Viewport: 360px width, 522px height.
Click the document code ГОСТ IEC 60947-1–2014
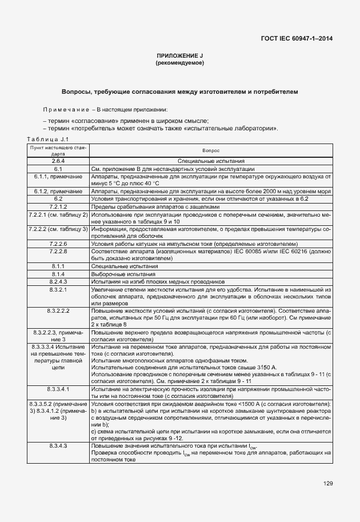[x=297, y=38]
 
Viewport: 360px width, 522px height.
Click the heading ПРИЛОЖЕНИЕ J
[x=180, y=55]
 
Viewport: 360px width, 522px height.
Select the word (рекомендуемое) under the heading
[x=180, y=62]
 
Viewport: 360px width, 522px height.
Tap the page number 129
[x=327, y=484]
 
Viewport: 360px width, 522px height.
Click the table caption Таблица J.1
[x=48, y=139]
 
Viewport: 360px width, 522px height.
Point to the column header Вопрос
[x=211, y=150]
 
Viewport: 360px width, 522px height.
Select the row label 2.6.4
[x=58, y=162]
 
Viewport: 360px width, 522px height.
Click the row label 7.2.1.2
[x=58, y=206]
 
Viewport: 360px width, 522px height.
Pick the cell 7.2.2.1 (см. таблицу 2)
[x=58, y=214]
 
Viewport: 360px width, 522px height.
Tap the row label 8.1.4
[x=58, y=274]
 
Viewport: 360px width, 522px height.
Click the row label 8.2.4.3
[x=58, y=281]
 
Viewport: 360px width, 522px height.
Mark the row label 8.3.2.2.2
[x=58, y=310]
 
